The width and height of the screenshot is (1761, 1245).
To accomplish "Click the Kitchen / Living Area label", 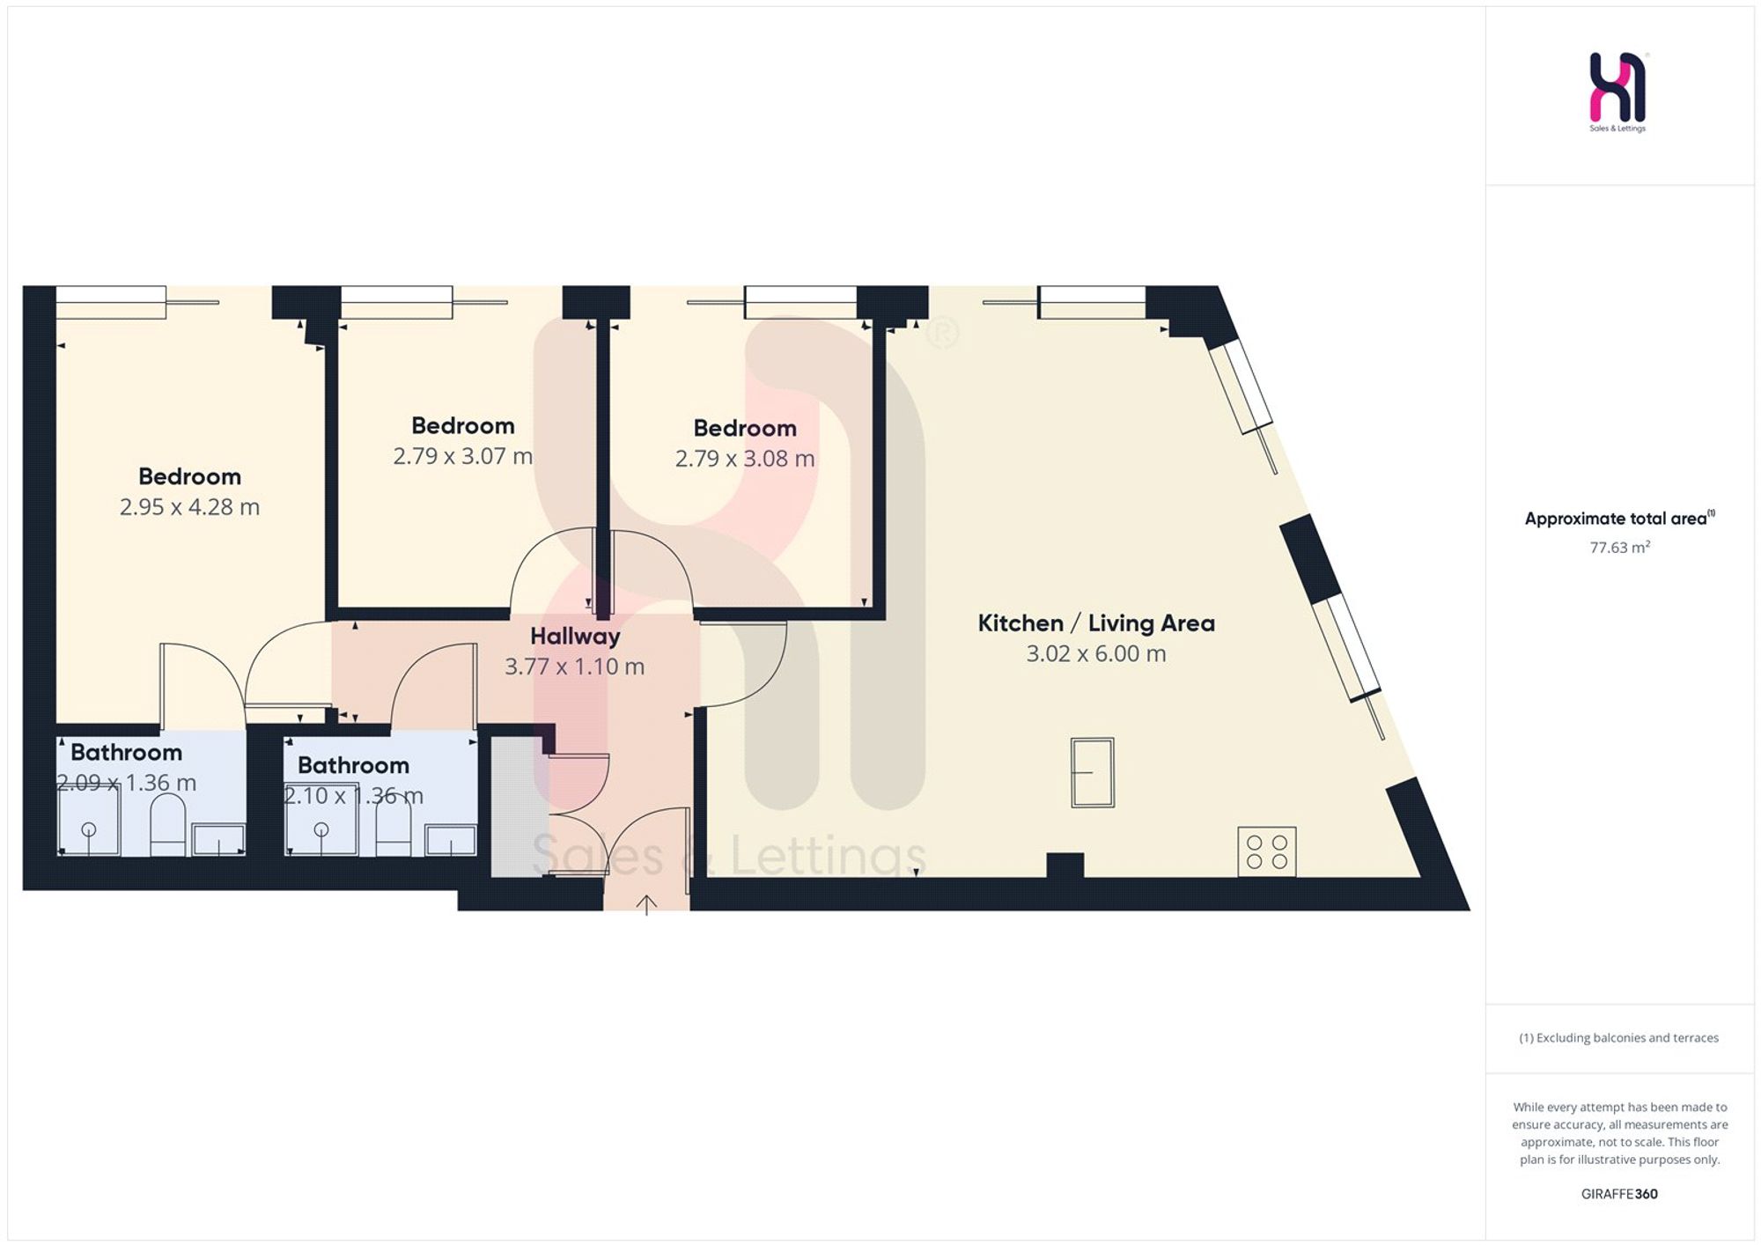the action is pyautogui.click(x=1096, y=623).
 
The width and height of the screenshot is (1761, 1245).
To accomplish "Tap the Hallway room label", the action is pyautogui.click(x=575, y=637).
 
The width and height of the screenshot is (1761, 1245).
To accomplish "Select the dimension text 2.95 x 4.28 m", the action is pyautogui.click(x=189, y=507).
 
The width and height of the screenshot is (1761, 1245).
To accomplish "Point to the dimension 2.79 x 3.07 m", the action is pyautogui.click(x=462, y=456).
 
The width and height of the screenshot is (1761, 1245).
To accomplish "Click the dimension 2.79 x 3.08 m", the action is pyautogui.click(x=745, y=459).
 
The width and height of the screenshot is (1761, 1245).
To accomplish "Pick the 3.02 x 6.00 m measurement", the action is pyautogui.click(x=1096, y=653).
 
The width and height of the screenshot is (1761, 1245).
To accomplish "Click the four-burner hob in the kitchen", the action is pyautogui.click(x=1267, y=851).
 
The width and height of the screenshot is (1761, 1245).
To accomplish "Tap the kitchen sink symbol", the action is pyautogui.click(x=1093, y=772).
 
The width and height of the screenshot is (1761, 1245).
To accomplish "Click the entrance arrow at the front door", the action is pyautogui.click(x=646, y=905).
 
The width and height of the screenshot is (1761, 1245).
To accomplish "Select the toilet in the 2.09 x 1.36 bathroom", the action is pyautogui.click(x=167, y=825).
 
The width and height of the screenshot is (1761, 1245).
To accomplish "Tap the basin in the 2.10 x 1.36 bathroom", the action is pyautogui.click(x=451, y=841).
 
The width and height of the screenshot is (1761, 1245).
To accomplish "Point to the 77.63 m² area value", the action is pyautogui.click(x=1619, y=548).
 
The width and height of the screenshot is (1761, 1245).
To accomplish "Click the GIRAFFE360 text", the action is pyautogui.click(x=1619, y=1194).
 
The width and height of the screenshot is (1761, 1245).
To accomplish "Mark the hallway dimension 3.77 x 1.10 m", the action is pyautogui.click(x=575, y=667).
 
